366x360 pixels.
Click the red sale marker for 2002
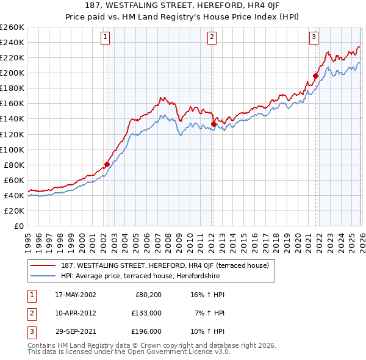tap(107, 164)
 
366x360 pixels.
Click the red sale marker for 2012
tap(213, 124)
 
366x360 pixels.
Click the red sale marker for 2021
tap(315, 76)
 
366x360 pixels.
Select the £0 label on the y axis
tap(18, 226)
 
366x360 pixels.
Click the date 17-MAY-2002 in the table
tap(75, 295)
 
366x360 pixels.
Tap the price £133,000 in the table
tap(146, 313)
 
